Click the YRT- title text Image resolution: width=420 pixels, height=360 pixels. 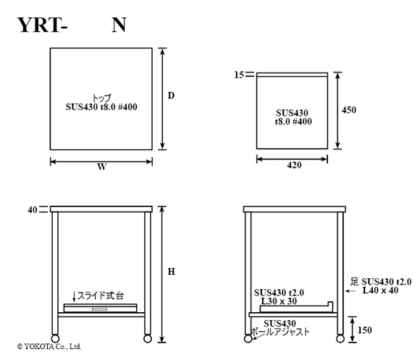(42, 25)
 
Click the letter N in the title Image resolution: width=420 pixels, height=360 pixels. (119, 25)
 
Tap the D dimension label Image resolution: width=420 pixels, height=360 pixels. (171, 96)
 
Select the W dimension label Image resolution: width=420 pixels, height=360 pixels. (102, 167)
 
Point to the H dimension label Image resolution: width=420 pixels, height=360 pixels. (172, 272)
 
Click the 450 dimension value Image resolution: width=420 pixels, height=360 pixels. (349, 110)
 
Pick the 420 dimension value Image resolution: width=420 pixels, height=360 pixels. (295, 165)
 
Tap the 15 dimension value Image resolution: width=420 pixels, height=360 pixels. (239, 75)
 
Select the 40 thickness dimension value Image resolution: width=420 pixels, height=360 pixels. (33, 210)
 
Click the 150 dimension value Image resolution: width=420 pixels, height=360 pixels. (365, 330)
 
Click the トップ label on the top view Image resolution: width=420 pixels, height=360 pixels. (101, 98)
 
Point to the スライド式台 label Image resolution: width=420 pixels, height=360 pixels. (101, 296)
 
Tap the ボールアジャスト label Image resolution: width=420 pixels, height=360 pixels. (280, 332)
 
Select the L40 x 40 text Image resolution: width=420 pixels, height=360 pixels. (380, 290)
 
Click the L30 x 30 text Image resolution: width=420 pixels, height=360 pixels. (279, 301)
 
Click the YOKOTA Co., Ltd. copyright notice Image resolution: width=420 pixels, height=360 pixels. (49, 347)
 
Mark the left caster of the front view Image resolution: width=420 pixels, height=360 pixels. (55, 338)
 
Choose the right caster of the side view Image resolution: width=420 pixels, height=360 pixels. (340, 338)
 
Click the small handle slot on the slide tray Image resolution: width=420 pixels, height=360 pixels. (100, 309)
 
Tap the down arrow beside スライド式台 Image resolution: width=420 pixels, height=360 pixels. (74, 296)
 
